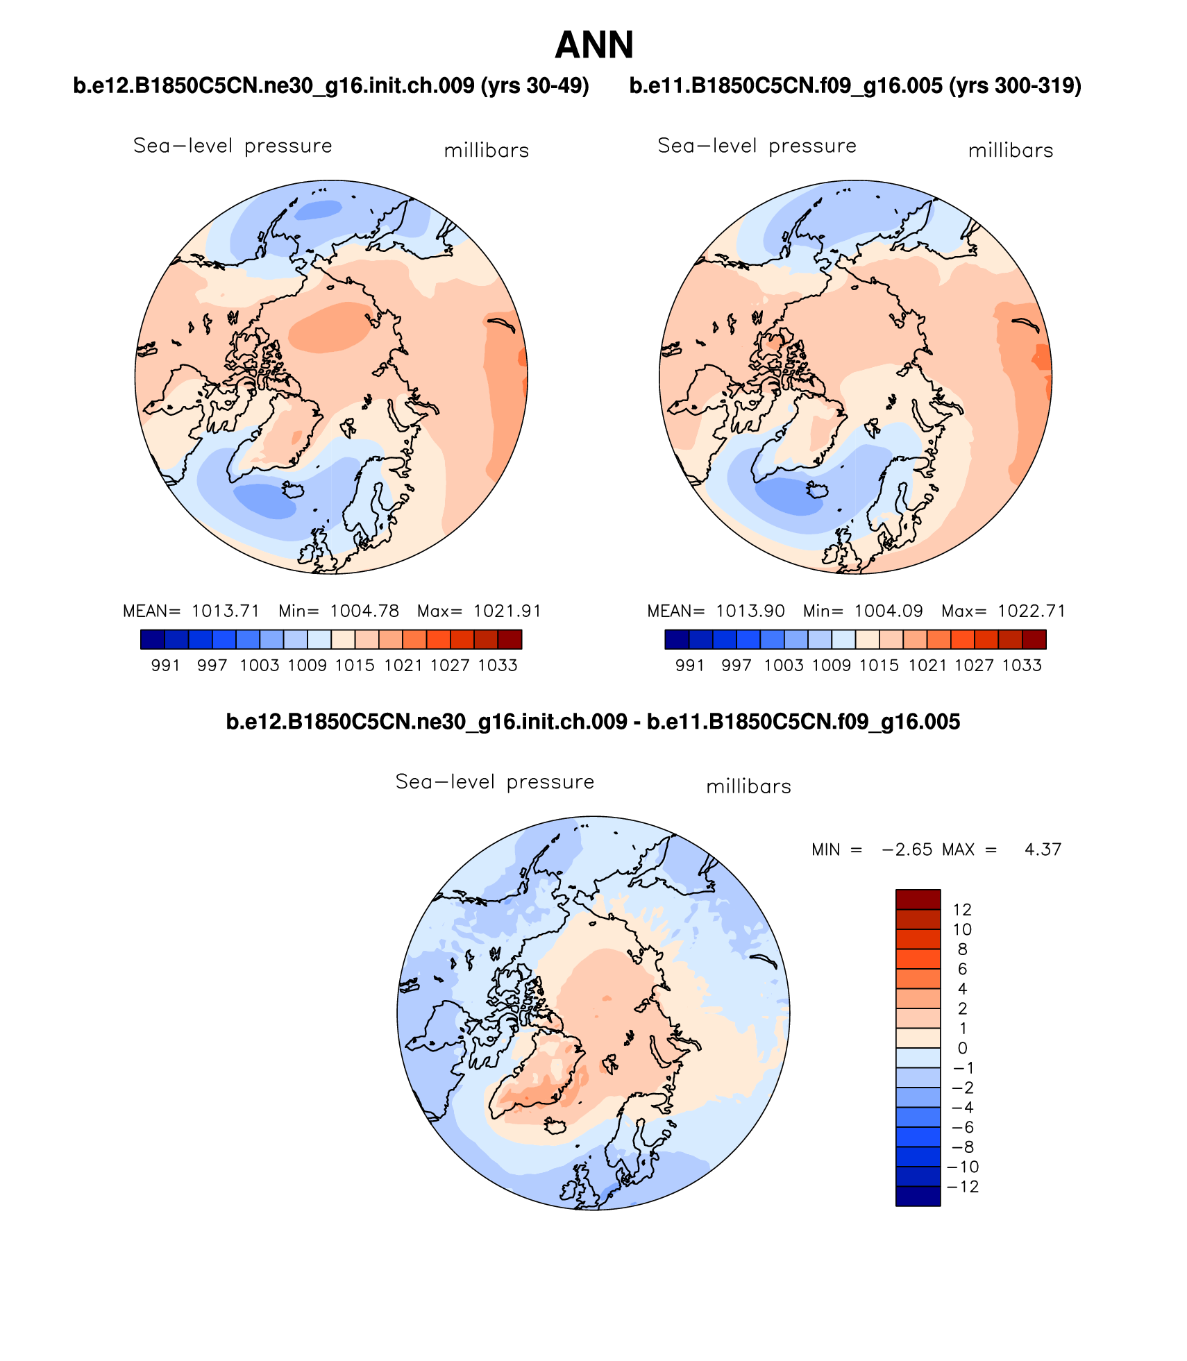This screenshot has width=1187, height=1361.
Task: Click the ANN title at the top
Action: [594, 46]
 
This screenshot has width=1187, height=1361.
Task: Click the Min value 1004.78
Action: [364, 611]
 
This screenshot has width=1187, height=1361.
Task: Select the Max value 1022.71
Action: [1031, 611]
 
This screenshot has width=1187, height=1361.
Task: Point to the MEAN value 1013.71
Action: [226, 611]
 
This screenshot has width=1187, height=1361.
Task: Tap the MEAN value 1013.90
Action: [750, 611]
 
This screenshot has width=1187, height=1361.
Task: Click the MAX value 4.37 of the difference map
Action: [1043, 849]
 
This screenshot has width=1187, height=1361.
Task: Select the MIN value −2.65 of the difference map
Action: [907, 849]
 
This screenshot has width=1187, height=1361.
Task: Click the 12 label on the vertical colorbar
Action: [962, 909]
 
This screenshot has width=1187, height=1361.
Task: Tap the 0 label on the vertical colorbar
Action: [962, 1048]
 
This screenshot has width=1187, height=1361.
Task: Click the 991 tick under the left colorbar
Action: [165, 666]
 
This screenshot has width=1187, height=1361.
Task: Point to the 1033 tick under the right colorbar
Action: [1022, 666]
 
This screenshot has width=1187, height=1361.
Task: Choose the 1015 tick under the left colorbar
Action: [355, 666]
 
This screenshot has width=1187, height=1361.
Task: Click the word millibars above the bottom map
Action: [748, 787]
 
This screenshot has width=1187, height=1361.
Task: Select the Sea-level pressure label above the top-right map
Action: [757, 146]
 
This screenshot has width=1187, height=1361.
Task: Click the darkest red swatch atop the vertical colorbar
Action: [918, 899]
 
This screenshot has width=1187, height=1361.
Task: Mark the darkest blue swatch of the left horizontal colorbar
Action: [153, 639]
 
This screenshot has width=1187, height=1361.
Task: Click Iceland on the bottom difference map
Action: [556, 1125]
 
